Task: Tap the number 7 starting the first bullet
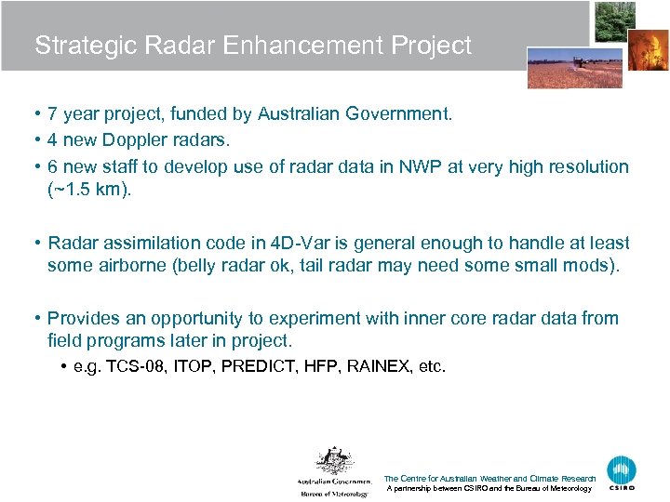coord(53,114)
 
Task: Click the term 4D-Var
coord(295,243)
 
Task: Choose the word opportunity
coord(197,318)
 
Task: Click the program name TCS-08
coord(141,366)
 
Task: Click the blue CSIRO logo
coord(622,471)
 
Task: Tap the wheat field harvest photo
coord(561,67)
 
